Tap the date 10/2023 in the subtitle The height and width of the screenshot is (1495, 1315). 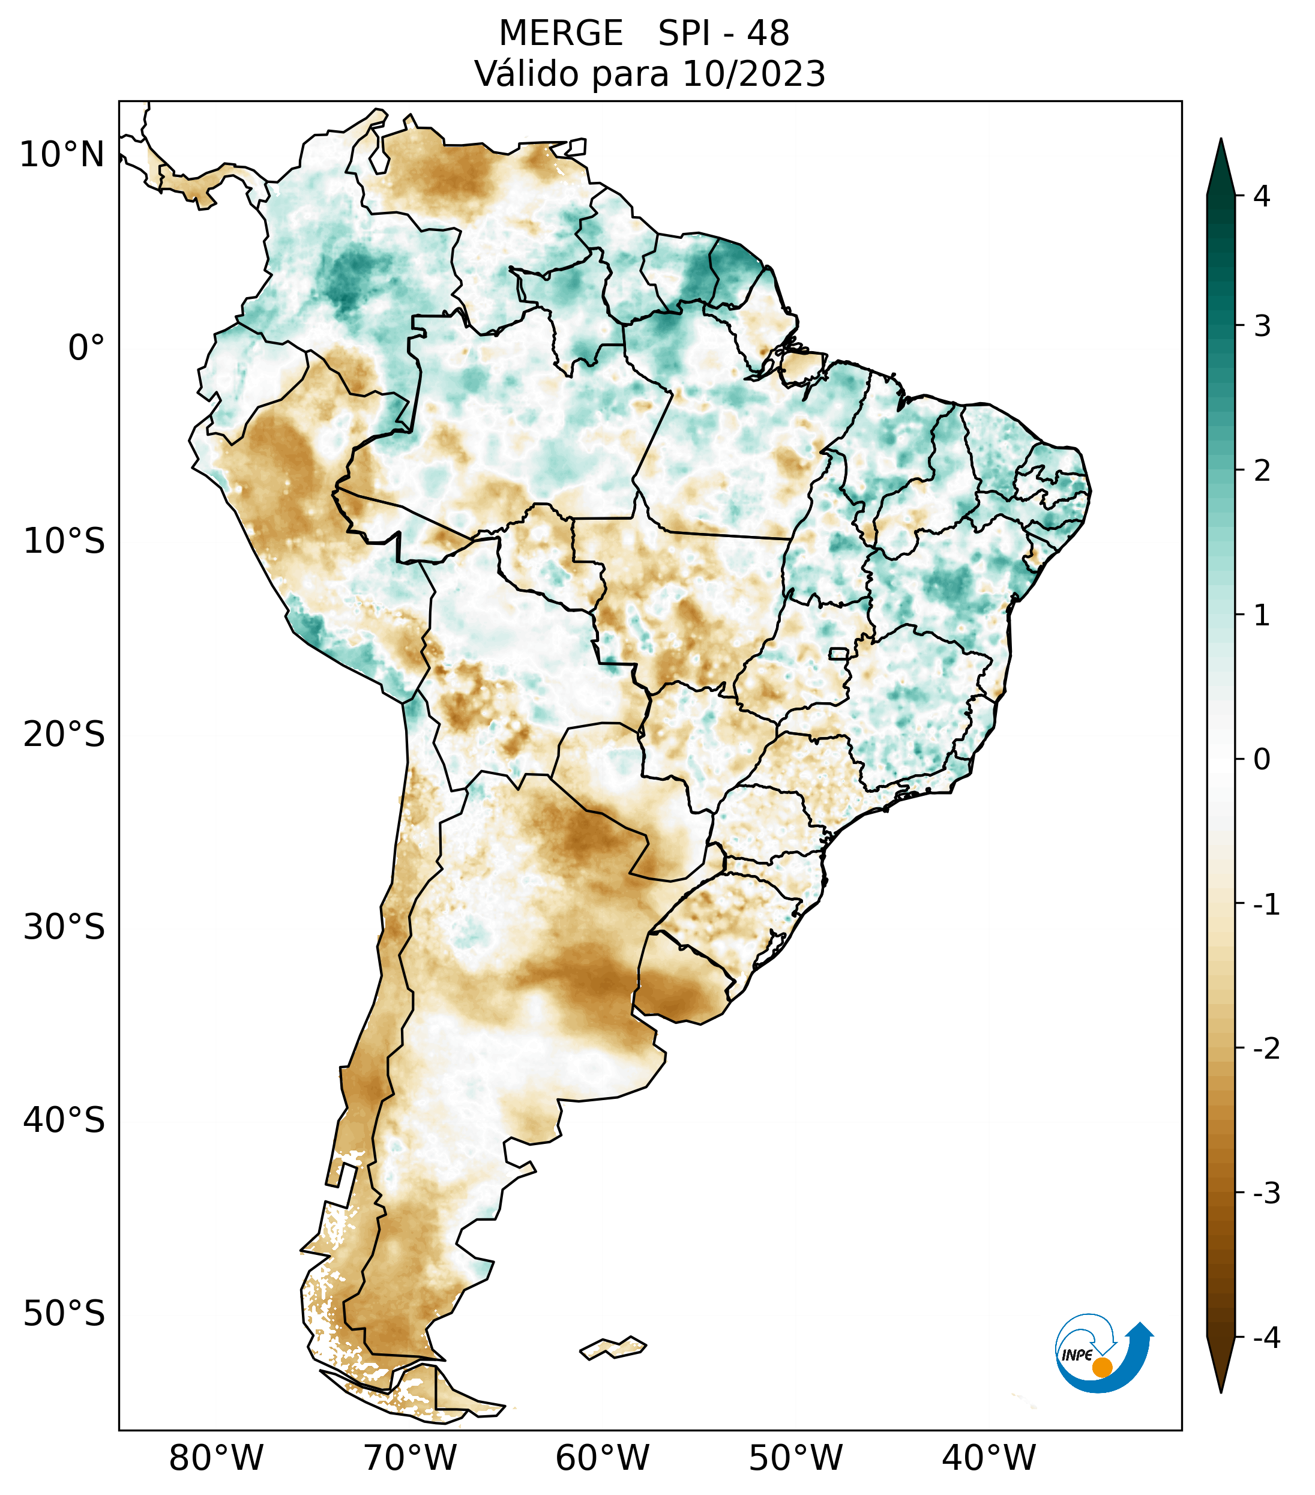point(753,74)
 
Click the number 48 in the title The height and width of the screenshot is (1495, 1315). point(768,34)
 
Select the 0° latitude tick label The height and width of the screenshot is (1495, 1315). point(86,348)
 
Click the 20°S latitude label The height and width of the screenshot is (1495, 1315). point(64,735)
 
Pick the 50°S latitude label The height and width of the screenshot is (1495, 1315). point(64,1314)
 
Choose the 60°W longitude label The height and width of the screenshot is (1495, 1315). point(602,1458)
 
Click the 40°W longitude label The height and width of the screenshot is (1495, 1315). point(989,1458)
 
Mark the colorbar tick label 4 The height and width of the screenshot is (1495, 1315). point(1262,196)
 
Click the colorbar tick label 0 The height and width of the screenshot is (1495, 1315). point(1262,760)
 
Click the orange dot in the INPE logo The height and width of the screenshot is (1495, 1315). point(1102,1367)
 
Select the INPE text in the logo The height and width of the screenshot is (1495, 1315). point(1077,1355)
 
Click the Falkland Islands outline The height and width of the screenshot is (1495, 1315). point(613,1347)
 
